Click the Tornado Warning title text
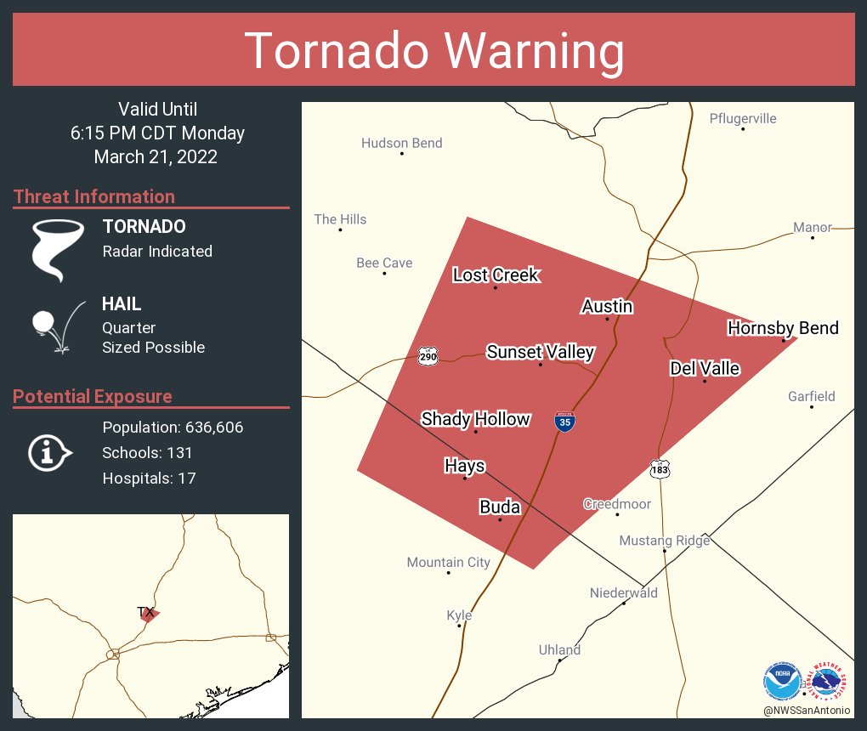click(x=433, y=51)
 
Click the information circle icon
click(x=48, y=453)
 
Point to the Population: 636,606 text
click(x=173, y=428)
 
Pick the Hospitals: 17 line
click(x=149, y=479)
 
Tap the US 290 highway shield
click(x=428, y=356)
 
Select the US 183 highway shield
click(x=660, y=468)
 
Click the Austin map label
click(x=607, y=306)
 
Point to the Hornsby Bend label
click(x=783, y=328)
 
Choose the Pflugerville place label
click(x=743, y=118)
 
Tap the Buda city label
click(x=500, y=507)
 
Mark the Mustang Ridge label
click(x=664, y=541)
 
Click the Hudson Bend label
click(x=401, y=143)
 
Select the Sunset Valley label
click(x=540, y=352)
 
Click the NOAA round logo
click(x=782, y=682)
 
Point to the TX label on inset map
click(x=145, y=612)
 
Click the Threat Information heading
click(x=94, y=196)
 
